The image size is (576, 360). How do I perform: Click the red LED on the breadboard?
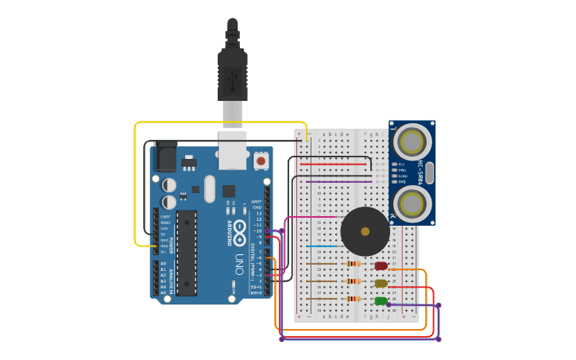tap(381, 266)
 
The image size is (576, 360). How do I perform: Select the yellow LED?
tap(381, 283)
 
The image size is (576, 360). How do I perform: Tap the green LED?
tap(381, 300)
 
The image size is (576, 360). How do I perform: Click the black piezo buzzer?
tap(365, 231)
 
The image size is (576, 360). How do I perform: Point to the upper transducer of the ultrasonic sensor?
tap(412, 143)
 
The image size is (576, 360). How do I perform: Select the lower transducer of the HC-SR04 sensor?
tap(412, 203)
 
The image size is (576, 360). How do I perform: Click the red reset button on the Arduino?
tap(261, 161)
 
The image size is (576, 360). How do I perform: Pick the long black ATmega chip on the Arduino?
tap(187, 253)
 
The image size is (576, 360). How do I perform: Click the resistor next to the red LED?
tap(354, 264)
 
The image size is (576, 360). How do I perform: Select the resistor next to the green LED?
tap(354, 299)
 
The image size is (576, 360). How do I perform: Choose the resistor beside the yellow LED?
tap(354, 281)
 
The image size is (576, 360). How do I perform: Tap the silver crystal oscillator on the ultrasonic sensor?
tap(429, 172)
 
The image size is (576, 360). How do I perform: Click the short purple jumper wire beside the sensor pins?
tap(338, 181)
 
